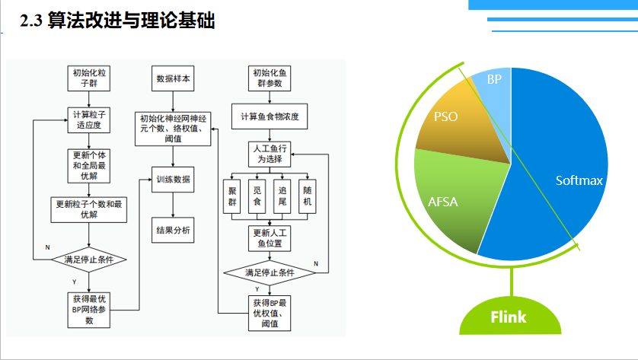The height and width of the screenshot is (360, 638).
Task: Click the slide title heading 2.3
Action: point(118,21)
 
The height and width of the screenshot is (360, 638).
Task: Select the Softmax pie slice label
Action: point(579,181)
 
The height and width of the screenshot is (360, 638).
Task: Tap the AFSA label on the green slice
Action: point(442,202)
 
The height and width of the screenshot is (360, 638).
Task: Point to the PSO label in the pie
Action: point(446,117)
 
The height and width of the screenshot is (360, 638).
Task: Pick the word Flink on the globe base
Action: point(508,316)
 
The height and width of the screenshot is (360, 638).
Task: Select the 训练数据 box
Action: point(174,180)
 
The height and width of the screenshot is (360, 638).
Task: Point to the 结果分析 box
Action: point(174,230)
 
